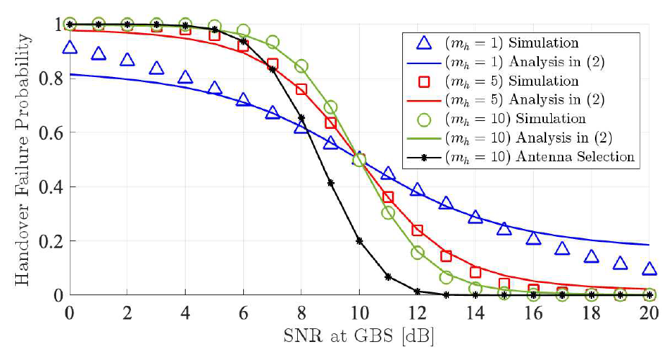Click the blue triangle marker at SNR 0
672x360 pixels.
click(70, 48)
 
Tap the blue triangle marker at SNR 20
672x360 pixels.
click(649, 269)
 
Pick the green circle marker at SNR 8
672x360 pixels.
click(301, 66)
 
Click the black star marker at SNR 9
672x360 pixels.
click(330, 183)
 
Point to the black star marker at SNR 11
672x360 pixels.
click(389, 276)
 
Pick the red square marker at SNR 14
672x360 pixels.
click(475, 272)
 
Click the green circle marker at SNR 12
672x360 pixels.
click(417, 253)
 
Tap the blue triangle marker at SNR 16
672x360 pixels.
click(533, 238)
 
